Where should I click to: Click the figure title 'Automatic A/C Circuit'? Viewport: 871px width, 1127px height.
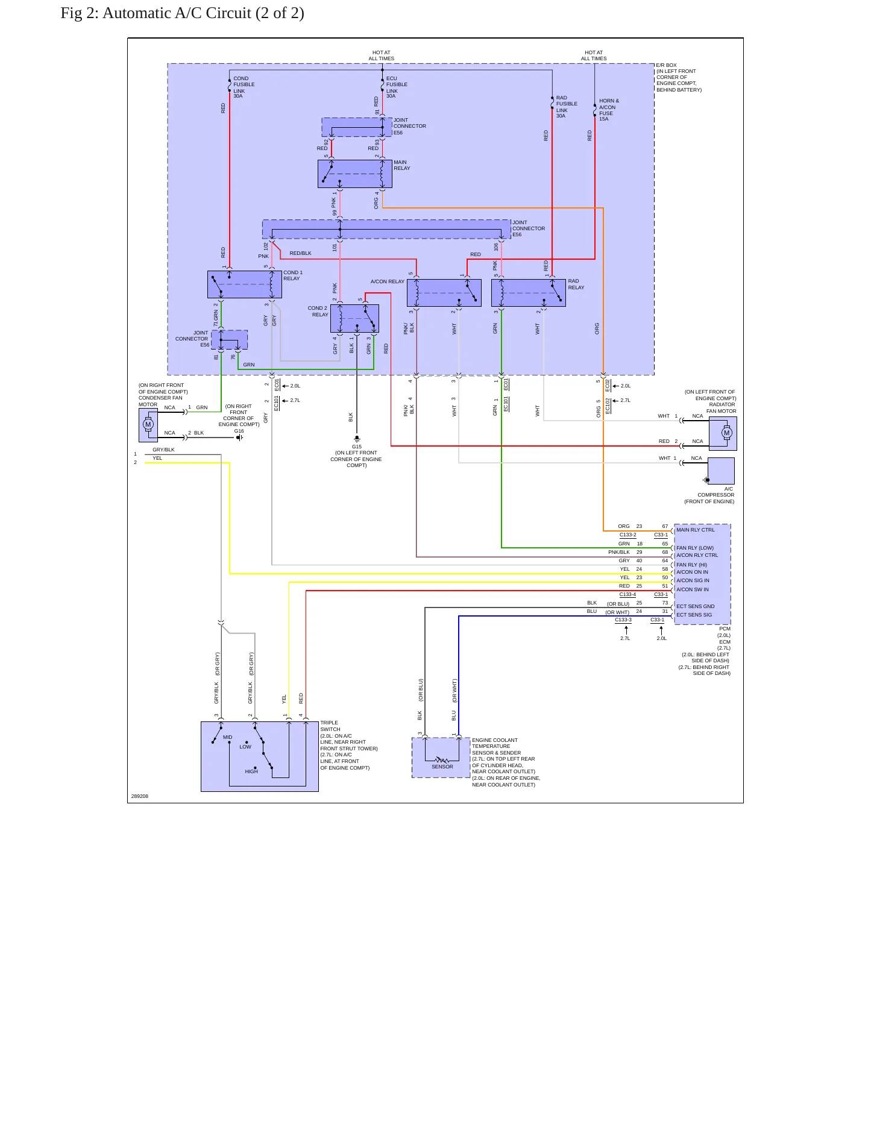tap(177, 13)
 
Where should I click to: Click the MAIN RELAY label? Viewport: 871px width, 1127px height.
tap(401, 165)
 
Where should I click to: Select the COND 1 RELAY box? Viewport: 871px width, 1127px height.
tap(245, 284)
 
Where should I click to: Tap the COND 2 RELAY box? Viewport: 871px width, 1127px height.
tap(354, 318)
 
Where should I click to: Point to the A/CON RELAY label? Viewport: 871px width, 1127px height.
tap(388, 281)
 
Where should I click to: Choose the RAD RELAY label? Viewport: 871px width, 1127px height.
tap(576, 284)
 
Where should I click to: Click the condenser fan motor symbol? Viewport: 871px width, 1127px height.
tap(148, 425)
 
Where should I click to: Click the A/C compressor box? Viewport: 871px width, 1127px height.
tap(721, 471)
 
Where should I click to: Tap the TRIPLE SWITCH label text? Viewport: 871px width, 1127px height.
tap(330, 726)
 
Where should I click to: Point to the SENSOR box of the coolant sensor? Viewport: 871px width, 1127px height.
tap(441, 758)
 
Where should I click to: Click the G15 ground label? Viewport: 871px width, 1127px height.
tap(357, 447)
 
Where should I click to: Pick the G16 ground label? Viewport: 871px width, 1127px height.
tap(239, 431)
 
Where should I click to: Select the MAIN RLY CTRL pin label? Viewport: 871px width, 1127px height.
tap(696, 530)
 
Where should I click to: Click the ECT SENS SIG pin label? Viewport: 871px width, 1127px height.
tap(694, 615)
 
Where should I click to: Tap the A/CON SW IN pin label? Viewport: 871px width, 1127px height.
tap(693, 589)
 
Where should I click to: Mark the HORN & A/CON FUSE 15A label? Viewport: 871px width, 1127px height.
tap(609, 110)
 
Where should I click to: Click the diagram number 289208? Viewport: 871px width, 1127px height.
tap(140, 796)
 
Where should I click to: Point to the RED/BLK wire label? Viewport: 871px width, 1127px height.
tap(300, 253)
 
